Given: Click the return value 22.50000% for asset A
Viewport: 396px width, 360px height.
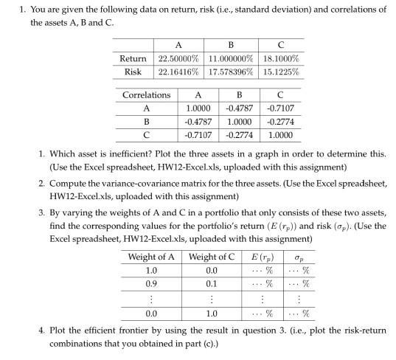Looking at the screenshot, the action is (x=181, y=58).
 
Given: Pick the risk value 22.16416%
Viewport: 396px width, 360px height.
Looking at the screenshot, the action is (x=181, y=72).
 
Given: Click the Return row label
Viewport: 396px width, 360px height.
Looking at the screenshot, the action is (x=133, y=58).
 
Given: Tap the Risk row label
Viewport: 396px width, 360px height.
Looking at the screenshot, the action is (x=133, y=72).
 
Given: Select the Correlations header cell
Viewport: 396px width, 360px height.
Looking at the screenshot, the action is (x=146, y=94).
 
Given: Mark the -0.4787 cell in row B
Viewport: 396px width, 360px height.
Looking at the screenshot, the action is (x=197, y=121).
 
